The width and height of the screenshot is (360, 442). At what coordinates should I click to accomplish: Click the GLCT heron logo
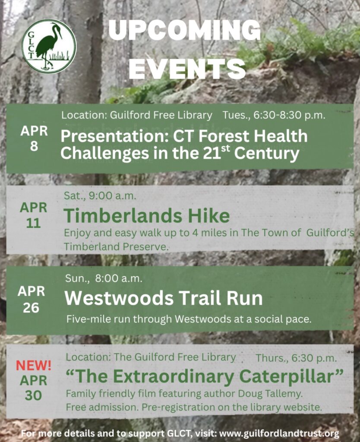coord(49,47)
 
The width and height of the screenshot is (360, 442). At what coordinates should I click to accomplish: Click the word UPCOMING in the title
coord(184,30)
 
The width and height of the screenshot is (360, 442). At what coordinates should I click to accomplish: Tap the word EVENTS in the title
coord(187,69)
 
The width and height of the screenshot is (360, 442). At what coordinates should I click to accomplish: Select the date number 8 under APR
coord(34,146)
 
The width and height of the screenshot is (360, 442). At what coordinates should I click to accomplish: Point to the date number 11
coord(33,223)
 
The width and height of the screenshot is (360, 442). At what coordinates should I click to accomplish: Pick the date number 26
coord(31,307)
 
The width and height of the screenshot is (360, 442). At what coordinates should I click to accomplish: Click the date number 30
coord(33,395)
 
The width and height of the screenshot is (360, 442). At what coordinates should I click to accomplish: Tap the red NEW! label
coord(34,366)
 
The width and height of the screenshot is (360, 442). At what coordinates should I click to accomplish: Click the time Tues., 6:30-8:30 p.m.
coord(274,115)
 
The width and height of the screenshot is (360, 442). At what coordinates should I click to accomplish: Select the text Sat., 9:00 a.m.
coord(100,196)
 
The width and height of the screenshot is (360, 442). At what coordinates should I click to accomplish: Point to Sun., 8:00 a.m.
coord(104,278)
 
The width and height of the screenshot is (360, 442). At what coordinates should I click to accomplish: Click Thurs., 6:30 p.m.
coord(296,358)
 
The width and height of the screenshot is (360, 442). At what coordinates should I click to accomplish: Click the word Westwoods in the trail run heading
coord(119,298)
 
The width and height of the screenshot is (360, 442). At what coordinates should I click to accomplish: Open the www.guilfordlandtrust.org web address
coord(279,433)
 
